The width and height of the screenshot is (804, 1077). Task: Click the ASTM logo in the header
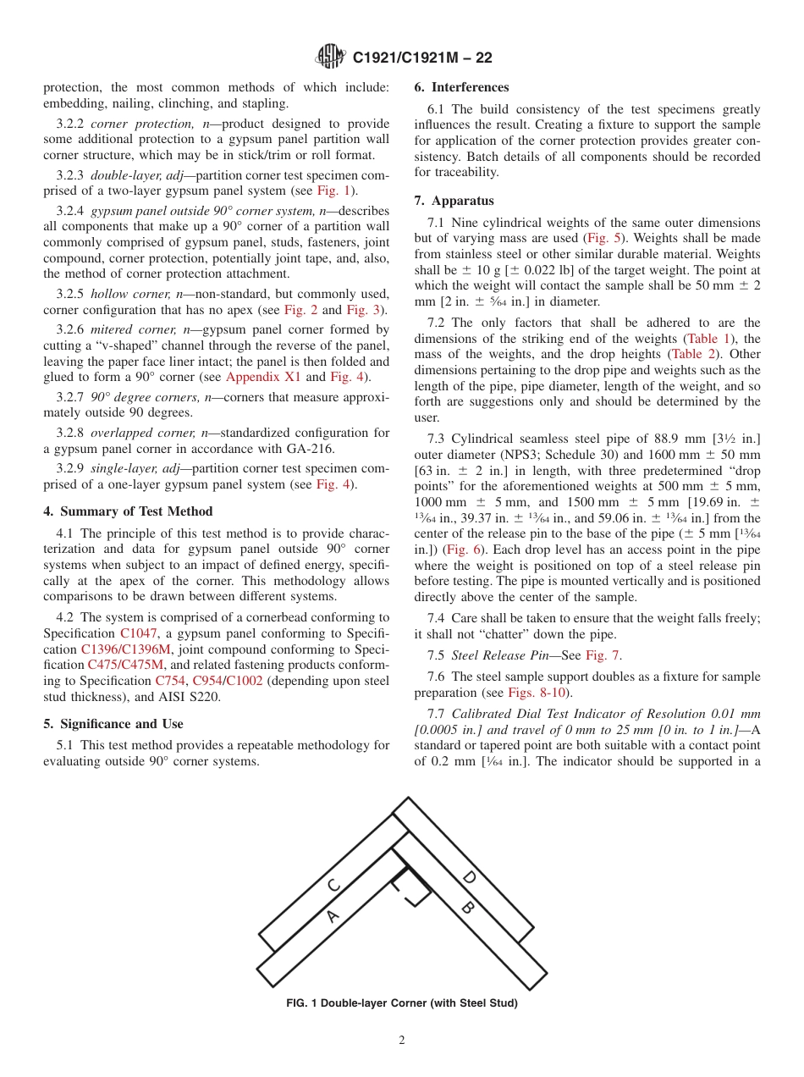330,57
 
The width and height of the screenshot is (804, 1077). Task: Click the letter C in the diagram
333,885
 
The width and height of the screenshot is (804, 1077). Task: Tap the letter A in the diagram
333,915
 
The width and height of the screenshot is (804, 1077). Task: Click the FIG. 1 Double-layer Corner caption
402,1003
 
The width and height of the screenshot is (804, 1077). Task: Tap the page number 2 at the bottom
402,1041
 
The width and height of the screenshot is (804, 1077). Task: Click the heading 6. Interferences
461,87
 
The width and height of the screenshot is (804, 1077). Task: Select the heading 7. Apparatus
454,201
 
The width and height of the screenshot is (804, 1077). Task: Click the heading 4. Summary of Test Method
128,511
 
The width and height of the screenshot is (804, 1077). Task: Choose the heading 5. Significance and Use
113,724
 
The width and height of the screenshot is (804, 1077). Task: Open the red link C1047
139,633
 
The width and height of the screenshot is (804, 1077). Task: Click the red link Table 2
691,354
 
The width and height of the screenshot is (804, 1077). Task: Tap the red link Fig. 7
603,654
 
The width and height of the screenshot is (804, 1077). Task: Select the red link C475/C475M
125,665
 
